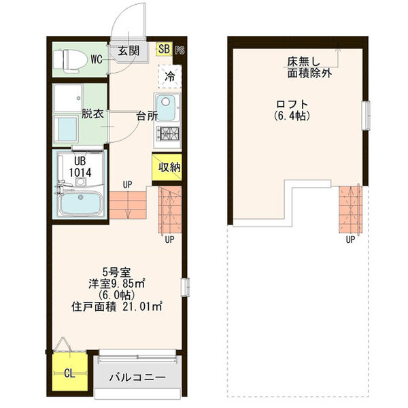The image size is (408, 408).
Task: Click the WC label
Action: [97, 60]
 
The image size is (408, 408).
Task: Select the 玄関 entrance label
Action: [128, 50]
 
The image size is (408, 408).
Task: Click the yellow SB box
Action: [164, 49]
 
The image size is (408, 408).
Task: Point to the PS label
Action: [180, 50]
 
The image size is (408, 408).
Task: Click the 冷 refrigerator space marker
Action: [169, 75]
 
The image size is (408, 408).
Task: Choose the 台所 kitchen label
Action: [146, 115]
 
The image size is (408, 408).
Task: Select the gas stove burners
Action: [169, 135]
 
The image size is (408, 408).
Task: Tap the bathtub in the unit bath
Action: [80, 203]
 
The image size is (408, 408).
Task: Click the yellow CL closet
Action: [70, 372]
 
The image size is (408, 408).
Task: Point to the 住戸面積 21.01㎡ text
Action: [117, 307]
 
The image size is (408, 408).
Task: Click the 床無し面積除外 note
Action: [309, 67]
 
